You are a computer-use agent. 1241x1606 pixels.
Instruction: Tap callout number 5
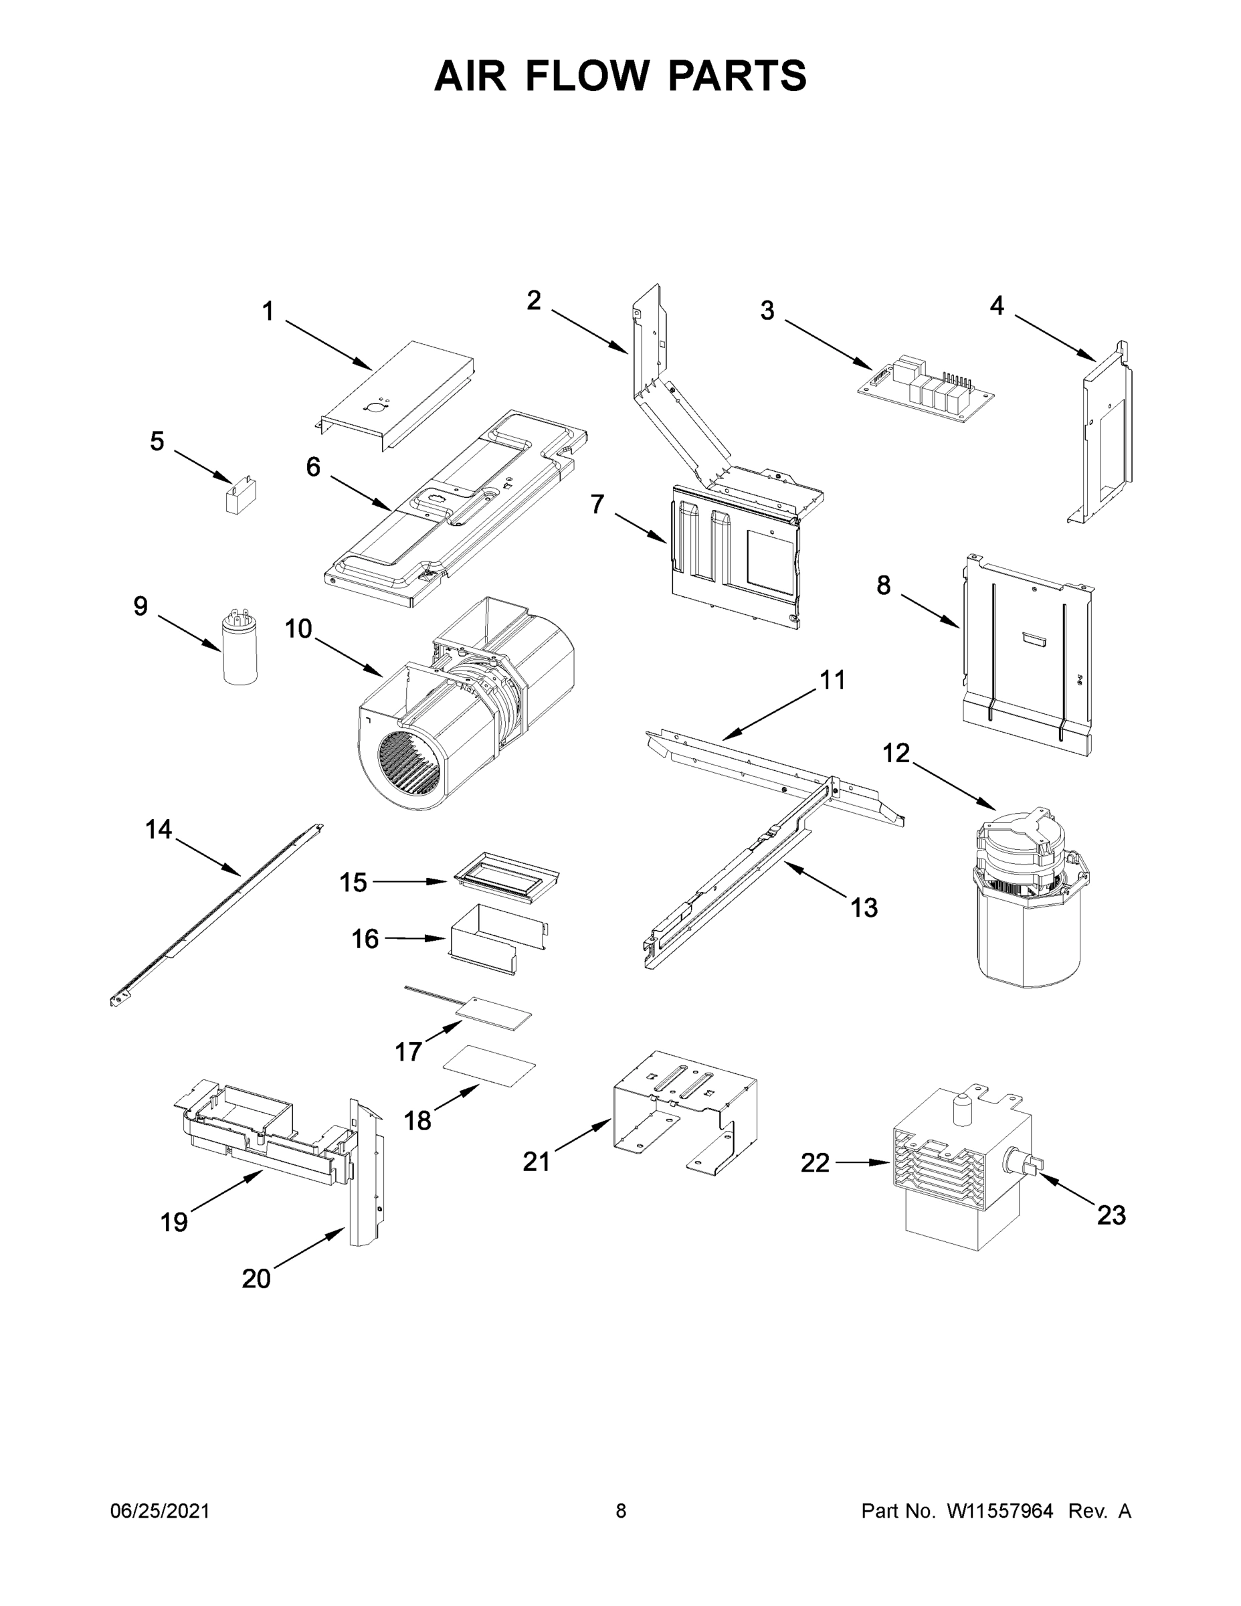[157, 441]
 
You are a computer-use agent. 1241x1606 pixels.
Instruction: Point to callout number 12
[896, 753]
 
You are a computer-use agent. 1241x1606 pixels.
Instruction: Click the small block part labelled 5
[242, 497]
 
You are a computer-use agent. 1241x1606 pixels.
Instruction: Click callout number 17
[409, 1051]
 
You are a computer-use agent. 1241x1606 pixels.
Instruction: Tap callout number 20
[256, 1279]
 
